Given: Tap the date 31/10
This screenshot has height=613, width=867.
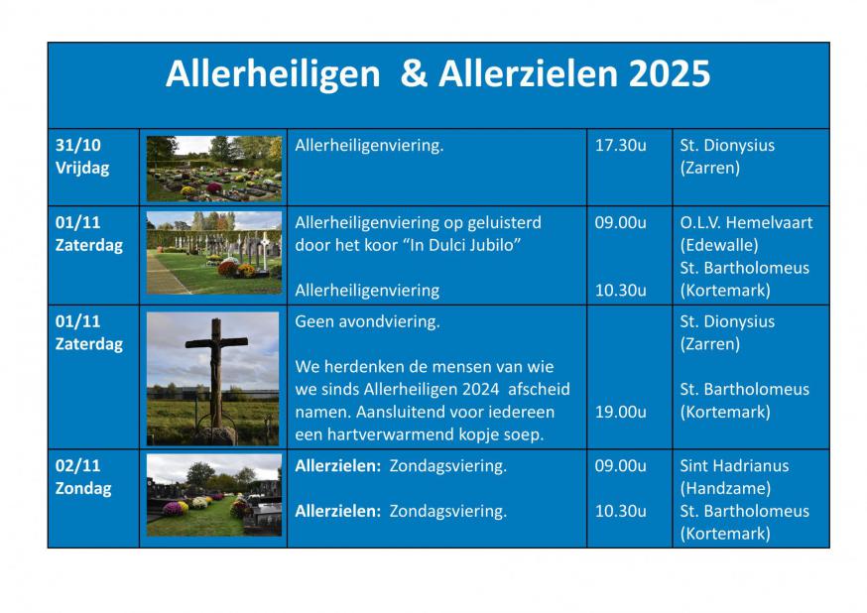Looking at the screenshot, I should (x=78, y=145).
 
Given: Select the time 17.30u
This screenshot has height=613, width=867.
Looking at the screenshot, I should (x=620, y=145).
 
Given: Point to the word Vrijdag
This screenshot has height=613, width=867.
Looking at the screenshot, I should (x=82, y=168).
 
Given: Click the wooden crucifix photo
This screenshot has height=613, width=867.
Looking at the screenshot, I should (x=213, y=378).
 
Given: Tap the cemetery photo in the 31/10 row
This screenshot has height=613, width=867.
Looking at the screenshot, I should (x=213, y=168).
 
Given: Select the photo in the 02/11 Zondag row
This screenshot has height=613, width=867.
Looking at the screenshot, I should (x=213, y=496).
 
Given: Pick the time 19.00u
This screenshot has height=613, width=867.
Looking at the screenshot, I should (x=620, y=412).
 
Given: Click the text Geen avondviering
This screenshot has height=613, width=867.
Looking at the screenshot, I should (x=368, y=321).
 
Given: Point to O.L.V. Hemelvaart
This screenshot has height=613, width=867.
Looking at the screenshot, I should (x=745, y=222).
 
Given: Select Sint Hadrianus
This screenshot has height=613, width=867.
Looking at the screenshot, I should (x=731, y=465).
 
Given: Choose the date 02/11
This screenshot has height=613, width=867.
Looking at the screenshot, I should (x=78, y=465).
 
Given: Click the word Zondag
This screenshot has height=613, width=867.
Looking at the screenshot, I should (x=83, y=488).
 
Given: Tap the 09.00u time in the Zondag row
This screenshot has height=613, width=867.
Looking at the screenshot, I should (x=620, y=465).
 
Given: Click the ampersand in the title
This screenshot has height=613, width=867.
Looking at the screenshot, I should (x=413, y=74).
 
